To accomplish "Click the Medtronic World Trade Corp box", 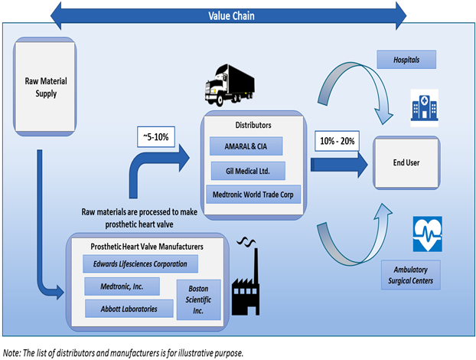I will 253,193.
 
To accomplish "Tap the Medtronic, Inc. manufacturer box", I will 122,287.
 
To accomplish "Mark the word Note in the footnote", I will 12,352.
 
